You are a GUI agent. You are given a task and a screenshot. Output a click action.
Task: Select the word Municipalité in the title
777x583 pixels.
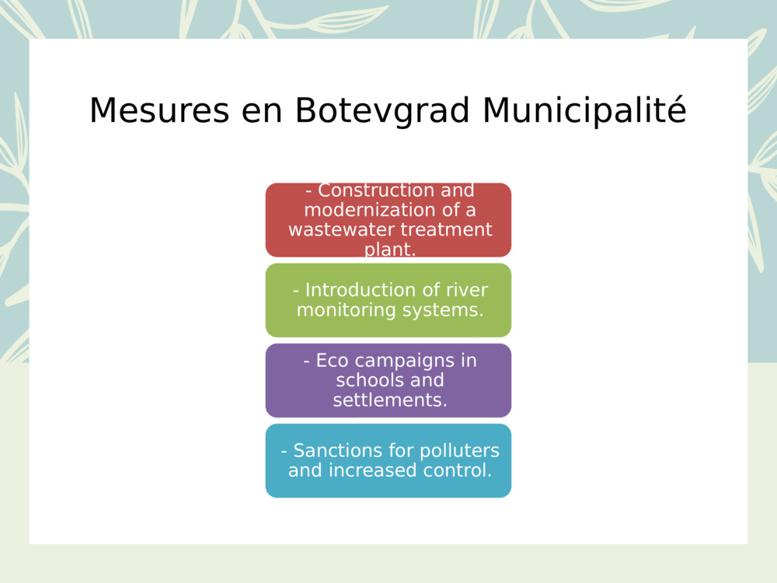584,110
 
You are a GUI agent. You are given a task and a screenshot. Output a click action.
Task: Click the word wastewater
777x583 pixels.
341,230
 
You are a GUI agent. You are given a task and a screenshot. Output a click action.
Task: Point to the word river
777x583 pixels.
467,290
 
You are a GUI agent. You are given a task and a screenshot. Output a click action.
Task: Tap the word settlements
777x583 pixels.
389,400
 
